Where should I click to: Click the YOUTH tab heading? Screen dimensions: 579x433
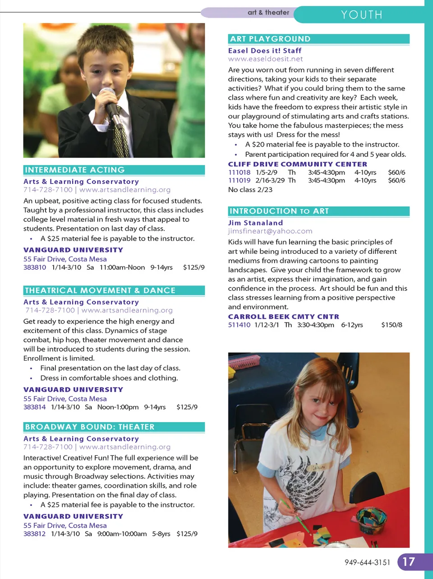click(362, 15)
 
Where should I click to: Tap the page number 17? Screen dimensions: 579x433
click(409, 562)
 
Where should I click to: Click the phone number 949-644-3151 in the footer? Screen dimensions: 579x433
click(367, 562)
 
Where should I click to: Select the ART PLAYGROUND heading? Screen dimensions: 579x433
click(270, 39)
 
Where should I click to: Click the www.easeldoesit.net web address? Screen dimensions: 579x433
click(265, 59)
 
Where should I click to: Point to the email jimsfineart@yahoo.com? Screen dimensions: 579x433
click(270, 231)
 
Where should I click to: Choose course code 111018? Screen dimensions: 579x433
click(239, 172)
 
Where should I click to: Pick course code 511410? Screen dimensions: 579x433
click(239, 325)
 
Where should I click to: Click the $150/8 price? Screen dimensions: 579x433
click(392, 325)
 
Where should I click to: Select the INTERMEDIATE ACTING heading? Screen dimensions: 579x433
click(74, 170)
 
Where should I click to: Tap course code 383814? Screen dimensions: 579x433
click(35, 407)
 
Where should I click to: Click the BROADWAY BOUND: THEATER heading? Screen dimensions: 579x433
click(90, 427)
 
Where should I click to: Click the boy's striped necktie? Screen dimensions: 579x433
click(120, 135)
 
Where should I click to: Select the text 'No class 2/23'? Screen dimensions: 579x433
click(250, 190)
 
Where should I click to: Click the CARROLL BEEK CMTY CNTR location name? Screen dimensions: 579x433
click(283, 317)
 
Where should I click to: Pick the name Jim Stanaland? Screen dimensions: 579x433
click(255, 223)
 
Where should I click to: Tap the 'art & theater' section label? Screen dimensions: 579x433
click(268, 13)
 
